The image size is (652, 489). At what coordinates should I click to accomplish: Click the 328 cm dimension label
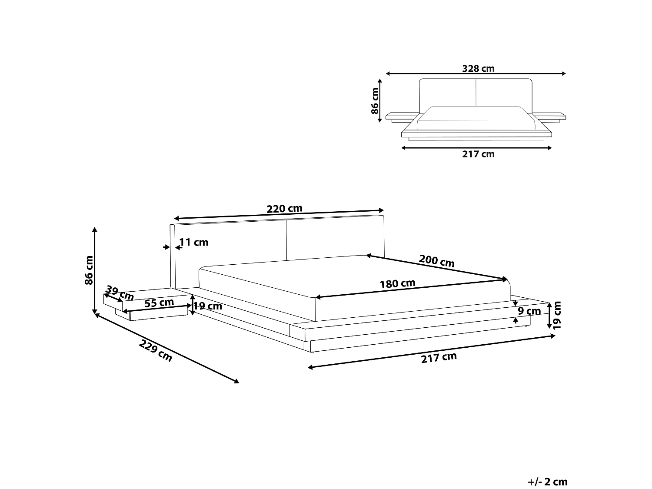(478, 68)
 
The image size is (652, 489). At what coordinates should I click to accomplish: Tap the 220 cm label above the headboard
(284, 209)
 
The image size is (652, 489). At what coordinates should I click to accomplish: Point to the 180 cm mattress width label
(397, 284)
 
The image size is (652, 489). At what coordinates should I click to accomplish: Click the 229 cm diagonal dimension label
(156, 351)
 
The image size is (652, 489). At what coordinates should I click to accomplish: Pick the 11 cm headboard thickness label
(194, 243)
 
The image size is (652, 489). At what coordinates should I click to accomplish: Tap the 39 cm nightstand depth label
(120, 293)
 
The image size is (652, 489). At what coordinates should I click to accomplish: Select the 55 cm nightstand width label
(159, 303)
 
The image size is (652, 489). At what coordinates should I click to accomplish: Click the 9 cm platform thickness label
(529, 311)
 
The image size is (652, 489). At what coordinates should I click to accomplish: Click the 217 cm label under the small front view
(478, 154)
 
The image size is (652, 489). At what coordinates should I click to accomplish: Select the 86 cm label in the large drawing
(89, 270)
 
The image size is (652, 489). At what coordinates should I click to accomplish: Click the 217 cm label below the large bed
(439, 357)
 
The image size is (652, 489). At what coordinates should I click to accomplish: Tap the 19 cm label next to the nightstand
(207, 306)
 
